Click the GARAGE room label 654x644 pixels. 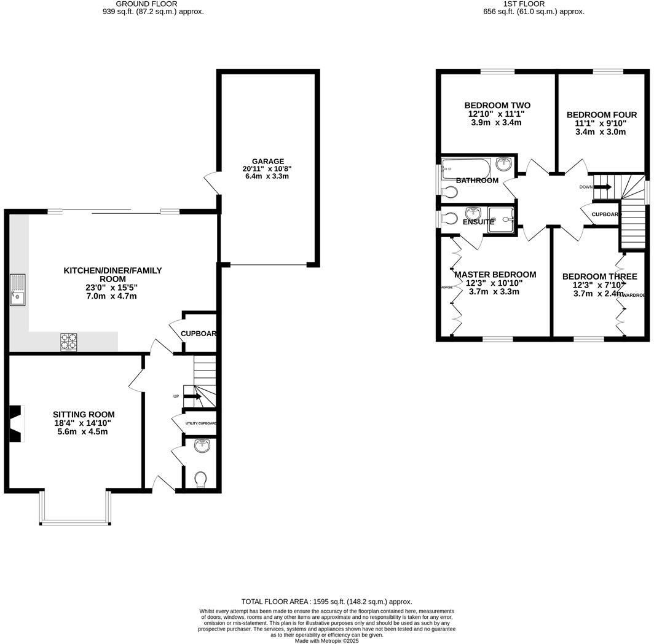(x=267, y=162)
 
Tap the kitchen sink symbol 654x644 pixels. (x=17, y=289)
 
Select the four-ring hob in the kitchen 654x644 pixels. (x=68, y=342)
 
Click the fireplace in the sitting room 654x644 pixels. (x=17, y=423)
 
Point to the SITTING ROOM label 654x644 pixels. (x=84, y=414)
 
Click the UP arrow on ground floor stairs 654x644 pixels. (x=192, y=396)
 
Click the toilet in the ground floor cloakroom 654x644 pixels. (x=200, y=479)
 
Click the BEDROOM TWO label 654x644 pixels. (x=497, y=105)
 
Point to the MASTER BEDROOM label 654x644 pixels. (x=495, y=275)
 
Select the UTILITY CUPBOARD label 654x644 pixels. (x=201, y=423)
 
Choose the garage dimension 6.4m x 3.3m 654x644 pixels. (x=267, y=176)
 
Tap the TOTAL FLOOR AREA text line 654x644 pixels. (x=326, y=602)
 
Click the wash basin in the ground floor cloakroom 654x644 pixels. (x=202, y=446)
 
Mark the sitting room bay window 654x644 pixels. (x=76, y=509)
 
